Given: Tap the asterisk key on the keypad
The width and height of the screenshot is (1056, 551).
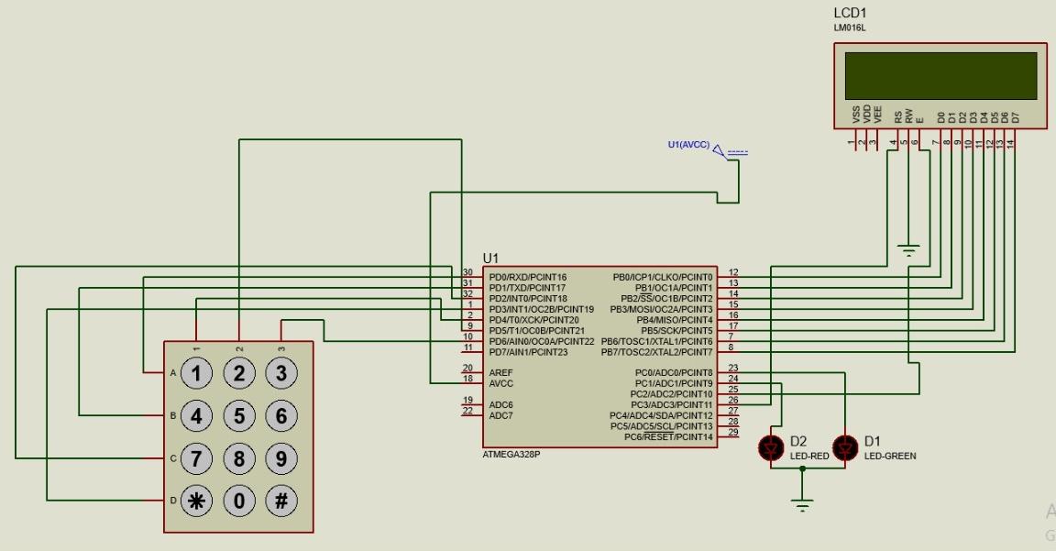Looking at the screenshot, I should tap(195, 501).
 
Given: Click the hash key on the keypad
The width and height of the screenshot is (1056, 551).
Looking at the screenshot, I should tap(281, 501).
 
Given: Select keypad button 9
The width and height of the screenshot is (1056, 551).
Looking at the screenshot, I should tap(281, 457).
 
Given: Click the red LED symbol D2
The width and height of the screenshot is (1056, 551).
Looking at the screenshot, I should tap(771, 447).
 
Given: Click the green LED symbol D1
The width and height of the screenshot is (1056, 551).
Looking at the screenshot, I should tap(844, 447).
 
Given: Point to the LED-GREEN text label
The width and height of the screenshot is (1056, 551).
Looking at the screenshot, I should tap(890, 456).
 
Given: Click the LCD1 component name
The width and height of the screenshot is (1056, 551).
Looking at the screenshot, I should tap(850, 13).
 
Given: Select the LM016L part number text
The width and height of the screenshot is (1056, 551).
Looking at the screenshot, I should tap(849, 28).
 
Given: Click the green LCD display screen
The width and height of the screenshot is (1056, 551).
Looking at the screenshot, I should tap(941, 75).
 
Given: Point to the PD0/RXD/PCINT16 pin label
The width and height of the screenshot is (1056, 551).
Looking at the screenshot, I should tap(528, 277).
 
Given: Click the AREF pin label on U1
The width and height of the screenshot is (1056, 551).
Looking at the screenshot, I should tap(500, 372).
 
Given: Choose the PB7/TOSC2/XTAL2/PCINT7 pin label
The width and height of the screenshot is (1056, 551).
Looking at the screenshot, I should tap(656, 352).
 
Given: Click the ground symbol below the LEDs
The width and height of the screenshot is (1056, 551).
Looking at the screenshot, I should tap(802, 504).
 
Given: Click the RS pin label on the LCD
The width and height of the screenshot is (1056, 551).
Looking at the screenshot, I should tap(897, 116).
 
